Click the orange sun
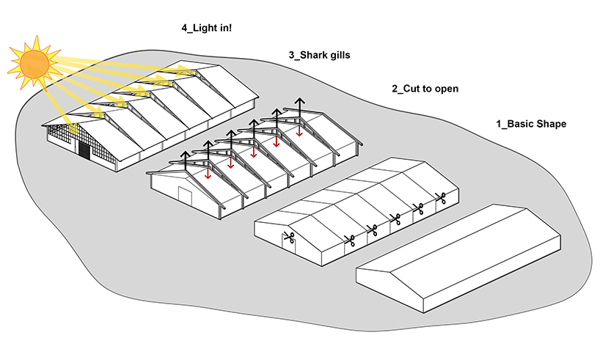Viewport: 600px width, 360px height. click(34, 62)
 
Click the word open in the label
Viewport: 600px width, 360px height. click(446, 89)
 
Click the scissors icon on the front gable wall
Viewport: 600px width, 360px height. click(288, 238)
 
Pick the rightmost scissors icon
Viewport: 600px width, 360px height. click(441, 197)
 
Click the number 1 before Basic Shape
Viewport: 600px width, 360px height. click(500, 124)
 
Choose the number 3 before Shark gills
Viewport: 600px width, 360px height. click(292, 55)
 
